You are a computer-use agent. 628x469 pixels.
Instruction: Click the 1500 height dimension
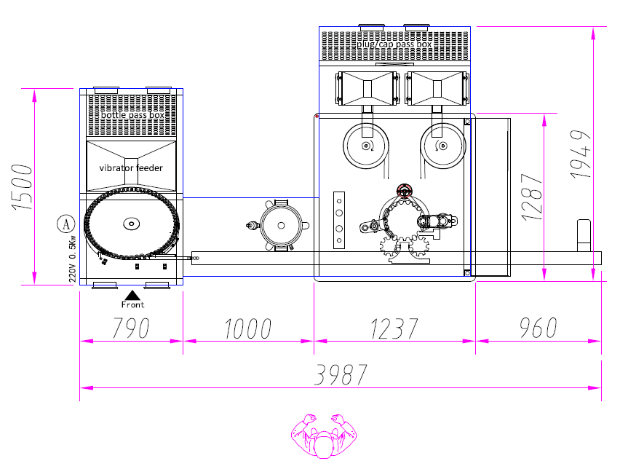22,186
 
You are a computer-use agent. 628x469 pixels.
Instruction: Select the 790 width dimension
131,328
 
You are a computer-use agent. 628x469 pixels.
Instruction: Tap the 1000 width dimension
248,328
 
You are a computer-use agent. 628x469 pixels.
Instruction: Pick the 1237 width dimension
394,328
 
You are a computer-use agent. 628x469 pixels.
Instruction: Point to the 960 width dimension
538,328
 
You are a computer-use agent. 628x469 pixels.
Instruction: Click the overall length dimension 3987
341,375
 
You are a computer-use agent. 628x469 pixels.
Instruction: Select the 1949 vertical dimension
581,154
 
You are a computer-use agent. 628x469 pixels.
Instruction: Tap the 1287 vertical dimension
532,197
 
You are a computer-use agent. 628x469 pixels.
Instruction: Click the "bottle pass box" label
132,115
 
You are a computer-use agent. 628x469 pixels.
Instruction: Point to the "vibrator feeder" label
131,168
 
